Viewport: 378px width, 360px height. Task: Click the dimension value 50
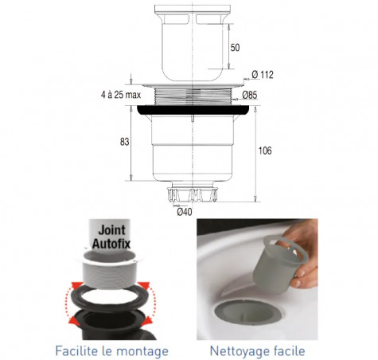[x=235, y=48]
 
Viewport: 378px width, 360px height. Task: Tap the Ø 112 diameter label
[x=263, y=75]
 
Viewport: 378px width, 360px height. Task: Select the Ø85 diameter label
[x=250, y=95]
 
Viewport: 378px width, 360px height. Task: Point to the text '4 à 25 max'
[x=121, y=95]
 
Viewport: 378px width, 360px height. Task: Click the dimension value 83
[x=124, y=142]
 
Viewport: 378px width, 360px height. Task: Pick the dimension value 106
[x=265, y=151]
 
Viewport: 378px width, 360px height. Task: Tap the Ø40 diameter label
[x=185, y=212]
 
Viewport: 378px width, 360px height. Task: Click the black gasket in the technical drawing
[x=193, y=110]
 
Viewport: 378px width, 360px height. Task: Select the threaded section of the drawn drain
[x=193, y=96]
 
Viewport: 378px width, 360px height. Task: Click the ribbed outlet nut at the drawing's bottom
[x=193, y=194]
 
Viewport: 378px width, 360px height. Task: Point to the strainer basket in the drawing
[x=192, y=43]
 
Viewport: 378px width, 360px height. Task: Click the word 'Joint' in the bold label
[x=111, y=230]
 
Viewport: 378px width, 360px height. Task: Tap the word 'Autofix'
[x=111, y=244]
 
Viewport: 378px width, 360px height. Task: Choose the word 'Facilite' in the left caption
[x=76, y=350]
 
